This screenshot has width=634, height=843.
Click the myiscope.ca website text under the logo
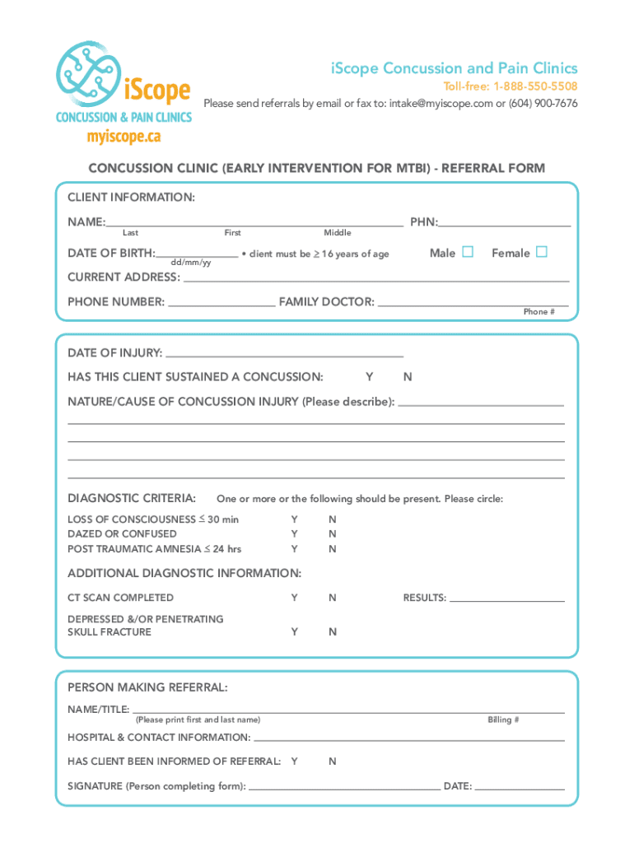pos(124,136)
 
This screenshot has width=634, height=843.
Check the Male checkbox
pos(468,252)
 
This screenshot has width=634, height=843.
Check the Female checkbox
pos(541,252)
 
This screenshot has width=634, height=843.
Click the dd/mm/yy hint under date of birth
pos(190,263)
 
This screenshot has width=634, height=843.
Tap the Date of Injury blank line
pos(284,355)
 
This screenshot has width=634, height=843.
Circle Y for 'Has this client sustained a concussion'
pos(369,377)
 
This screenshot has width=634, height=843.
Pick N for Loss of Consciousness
pos(333,519)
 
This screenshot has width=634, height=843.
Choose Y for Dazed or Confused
pos(294,533)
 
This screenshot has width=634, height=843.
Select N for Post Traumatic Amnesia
pos(333,548)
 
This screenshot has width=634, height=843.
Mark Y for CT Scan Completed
pos(294,598)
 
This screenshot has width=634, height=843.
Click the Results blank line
pos(506,600)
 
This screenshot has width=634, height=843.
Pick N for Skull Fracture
pos(333,632)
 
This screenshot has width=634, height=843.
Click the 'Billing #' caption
pos(503,720)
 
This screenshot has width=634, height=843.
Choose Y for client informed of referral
pos(294,761)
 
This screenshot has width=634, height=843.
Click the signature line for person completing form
pos(343,788)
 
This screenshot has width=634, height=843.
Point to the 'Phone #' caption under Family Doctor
pos(539,312)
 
